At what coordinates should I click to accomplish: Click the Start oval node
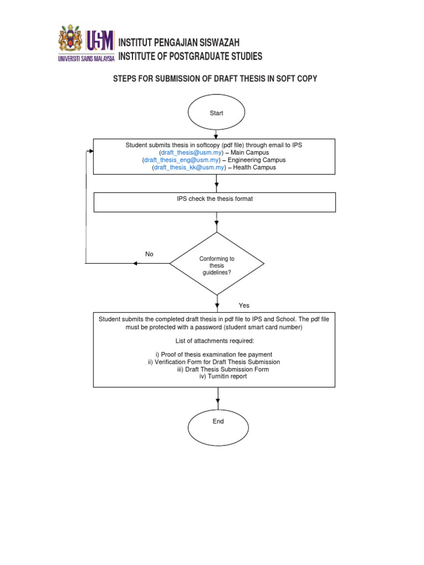tap(216, 113)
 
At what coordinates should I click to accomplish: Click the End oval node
tap(218, 421)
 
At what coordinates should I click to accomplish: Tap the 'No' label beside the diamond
tap(149, 254)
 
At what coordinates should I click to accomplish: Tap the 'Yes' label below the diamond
tap(244, 305)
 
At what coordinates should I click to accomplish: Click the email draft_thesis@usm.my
tap(191, 152)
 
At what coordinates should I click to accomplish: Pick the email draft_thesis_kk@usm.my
tap(189, 167)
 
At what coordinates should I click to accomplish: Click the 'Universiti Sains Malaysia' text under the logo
tap(86, 57)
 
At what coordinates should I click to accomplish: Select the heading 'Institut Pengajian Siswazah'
tap(179, 43)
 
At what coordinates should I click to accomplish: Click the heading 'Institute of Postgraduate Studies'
tap(190, 56)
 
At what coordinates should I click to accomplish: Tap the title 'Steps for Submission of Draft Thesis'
tap(215, 78)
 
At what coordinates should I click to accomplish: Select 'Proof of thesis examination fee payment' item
tap(214, 354)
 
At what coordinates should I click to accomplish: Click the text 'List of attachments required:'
tap(215, 340)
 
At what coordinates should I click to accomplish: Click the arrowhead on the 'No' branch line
tap(135, 263)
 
